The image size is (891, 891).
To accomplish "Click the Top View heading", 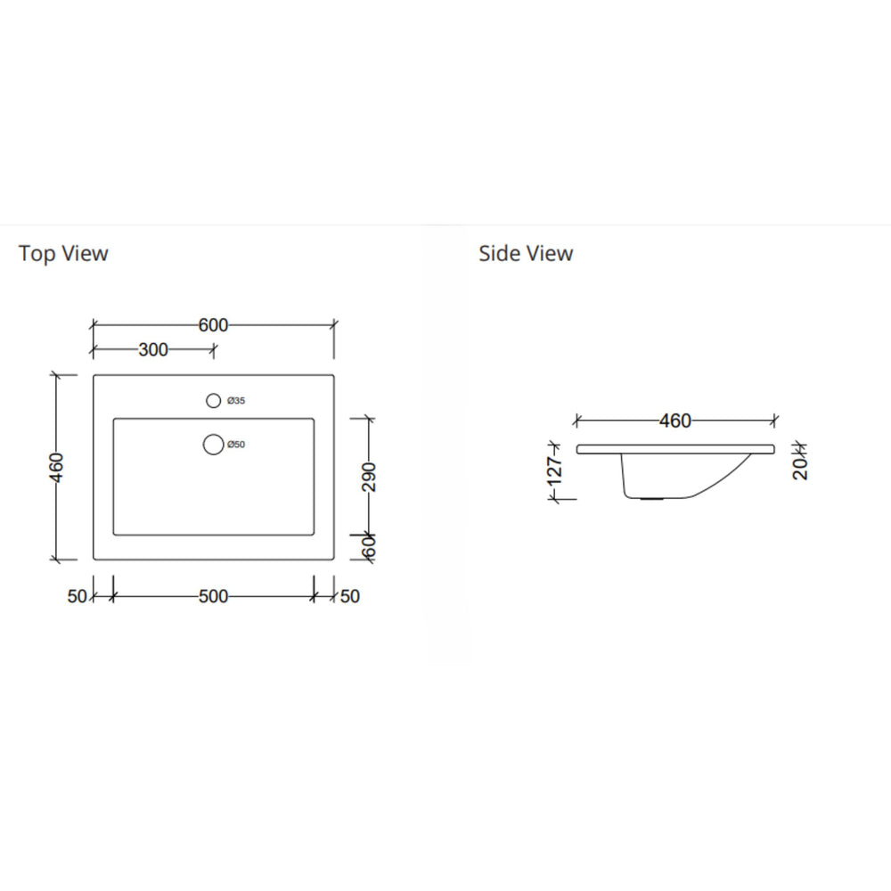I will [x=63, y=254].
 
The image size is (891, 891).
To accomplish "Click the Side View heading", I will [x=526, y=254].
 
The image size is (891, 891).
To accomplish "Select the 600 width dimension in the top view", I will [x=213, y=325].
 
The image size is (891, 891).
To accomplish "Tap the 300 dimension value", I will [x=153, y=350].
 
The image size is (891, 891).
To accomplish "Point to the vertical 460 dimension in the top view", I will [x=57, y=466].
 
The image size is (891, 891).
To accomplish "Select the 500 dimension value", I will [x=213, y=596].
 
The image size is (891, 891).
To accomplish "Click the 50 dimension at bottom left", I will [x=77, y=596].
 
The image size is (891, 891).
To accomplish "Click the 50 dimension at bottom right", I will [x=350, y=596].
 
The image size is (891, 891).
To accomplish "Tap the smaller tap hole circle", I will [x=213, y=401].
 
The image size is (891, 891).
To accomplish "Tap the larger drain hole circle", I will [x=213, y=444].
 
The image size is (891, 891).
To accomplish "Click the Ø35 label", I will [x=236, y=402].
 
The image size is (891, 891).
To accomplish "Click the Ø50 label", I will [x=236, y=445].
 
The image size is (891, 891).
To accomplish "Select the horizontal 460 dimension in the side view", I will [x=674, y=421].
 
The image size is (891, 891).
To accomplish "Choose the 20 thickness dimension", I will [x=800, y=463].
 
